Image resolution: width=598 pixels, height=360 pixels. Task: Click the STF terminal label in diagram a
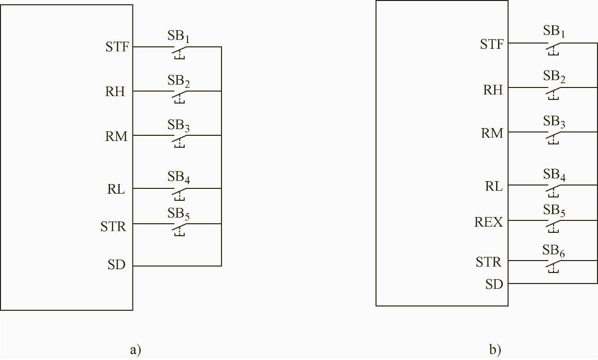click(x=117, y=47)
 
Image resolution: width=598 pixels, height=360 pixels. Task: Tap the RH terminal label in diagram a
click(x=115, y=92)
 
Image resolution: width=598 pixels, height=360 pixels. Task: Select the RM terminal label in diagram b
click(x=492, y=133)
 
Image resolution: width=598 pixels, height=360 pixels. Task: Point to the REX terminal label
click(x=489, y=222)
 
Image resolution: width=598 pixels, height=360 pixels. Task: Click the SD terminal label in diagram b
click(x=494, y=284)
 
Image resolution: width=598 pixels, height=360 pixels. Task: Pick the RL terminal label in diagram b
click(x=494, y=186)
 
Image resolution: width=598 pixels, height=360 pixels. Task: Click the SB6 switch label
click(x=554, y=251)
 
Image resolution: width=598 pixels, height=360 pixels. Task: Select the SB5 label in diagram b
click(x=554, y=211)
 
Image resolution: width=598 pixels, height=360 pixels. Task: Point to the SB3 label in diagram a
click(x=179, y=125)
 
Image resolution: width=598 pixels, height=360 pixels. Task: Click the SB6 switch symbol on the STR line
click(x=554, y=264)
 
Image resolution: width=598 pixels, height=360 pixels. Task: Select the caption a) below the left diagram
click(x=135, y=350)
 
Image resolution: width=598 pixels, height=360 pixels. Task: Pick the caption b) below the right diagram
click(x=495, y=350)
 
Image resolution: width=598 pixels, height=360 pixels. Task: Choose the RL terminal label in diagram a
click(x=115, y=189)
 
